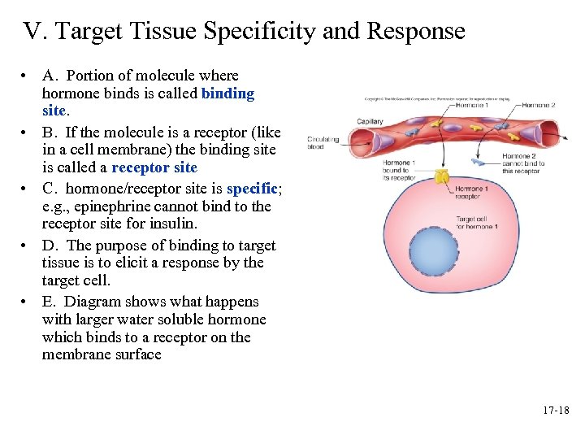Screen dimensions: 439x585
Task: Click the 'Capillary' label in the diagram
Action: [370, 122]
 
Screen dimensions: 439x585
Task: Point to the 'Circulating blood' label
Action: [323, 143]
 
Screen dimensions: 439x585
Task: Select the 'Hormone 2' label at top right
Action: [539, 105]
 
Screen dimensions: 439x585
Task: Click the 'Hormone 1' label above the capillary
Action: [472, 105]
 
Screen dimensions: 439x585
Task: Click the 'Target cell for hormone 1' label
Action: [476, 222]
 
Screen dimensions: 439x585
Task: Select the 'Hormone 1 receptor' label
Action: [471, 193]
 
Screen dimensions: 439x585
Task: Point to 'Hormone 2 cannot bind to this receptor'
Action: [524, 163]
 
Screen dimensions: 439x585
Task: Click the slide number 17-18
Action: [556, 411]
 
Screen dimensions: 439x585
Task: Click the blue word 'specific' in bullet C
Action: [252, 189]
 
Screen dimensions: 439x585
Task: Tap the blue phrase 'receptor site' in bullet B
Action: [154, 167]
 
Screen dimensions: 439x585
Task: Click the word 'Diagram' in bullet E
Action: [93, 302]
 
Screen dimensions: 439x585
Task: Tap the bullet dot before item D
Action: [27, 246]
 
